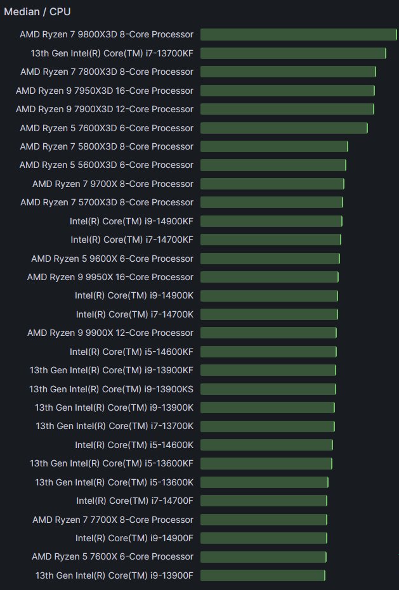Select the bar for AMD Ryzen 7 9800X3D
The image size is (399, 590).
[298, 34]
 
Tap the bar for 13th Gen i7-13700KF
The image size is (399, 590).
[293, 53]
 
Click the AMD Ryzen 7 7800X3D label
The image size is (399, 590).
[107, 72]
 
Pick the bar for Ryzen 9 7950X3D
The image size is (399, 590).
[287, 91]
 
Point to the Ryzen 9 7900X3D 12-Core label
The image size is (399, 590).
[105, 109]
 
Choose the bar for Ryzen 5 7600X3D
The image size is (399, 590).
[284, 128]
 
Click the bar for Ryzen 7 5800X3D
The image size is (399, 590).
[274, 146]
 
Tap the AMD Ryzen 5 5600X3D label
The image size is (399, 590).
[107, 165]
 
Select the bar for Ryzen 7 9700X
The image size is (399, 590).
[272, 184]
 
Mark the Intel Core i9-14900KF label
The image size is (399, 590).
[131, 221]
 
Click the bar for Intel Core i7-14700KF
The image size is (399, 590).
[271, 240]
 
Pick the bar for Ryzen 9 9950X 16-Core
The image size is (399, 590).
[270, 277]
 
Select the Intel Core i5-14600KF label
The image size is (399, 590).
[131, 352]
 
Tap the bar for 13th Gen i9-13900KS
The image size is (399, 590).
[268, 389]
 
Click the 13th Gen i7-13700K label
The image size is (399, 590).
[114, 426]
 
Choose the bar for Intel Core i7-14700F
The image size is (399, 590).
[264, 501]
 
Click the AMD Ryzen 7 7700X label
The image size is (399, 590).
[113, 520]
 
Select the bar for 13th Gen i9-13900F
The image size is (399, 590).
[263, 575]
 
